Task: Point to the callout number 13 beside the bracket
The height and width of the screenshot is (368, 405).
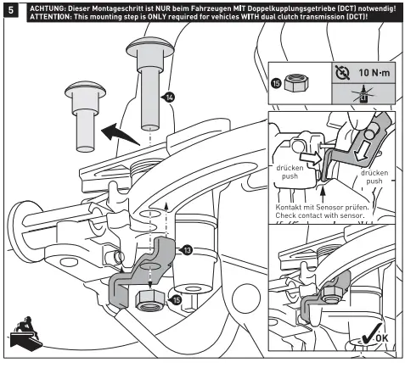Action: (x=187, y=249)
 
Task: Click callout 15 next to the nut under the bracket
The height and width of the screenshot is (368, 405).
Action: (x=176, y=298)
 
